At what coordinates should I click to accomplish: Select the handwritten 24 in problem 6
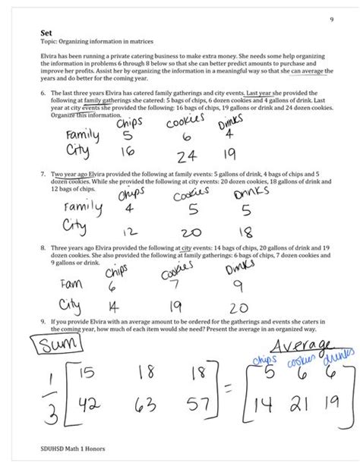[185, 156]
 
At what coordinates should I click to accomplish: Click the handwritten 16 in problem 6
[127, 150]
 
